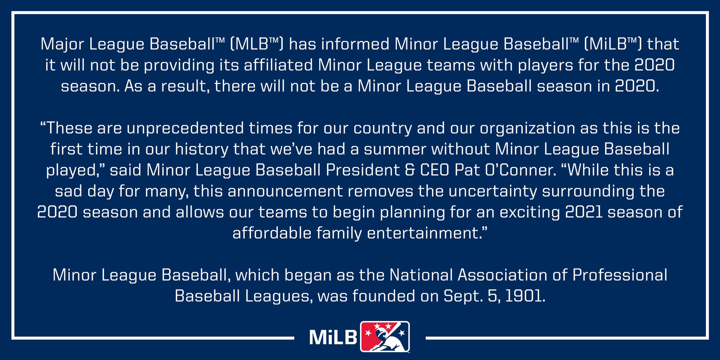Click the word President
362,170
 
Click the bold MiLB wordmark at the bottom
333,337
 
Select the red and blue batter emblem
385,336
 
